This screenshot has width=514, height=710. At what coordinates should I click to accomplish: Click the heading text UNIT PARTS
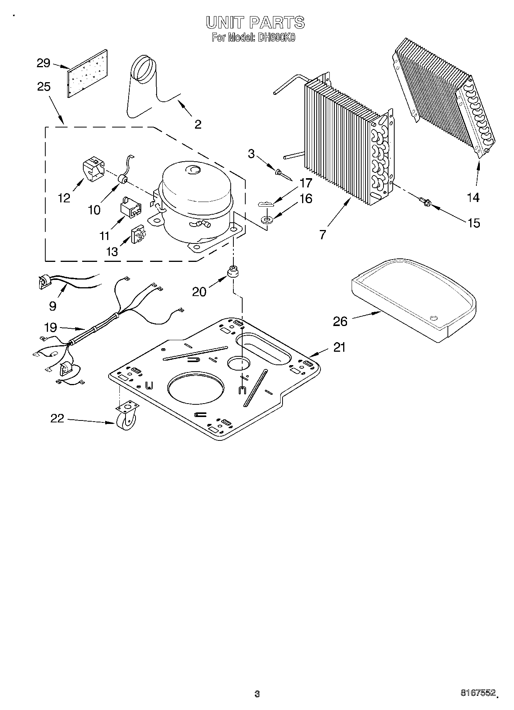coord(255,23)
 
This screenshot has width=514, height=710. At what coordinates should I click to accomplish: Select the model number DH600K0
coord(275,38)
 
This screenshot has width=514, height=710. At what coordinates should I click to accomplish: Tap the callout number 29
coord(43,63)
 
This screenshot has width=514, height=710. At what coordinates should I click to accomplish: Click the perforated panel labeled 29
coord(88,73)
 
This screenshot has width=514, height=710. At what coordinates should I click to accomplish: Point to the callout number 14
coord(473,197)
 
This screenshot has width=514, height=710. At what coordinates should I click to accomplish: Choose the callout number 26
coord(340,321)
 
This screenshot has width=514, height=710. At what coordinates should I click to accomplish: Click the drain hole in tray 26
coord(434,318)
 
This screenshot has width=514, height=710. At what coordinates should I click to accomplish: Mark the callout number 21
coord(339,347)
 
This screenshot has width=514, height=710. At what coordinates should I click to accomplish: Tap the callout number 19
coord(51,328)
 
